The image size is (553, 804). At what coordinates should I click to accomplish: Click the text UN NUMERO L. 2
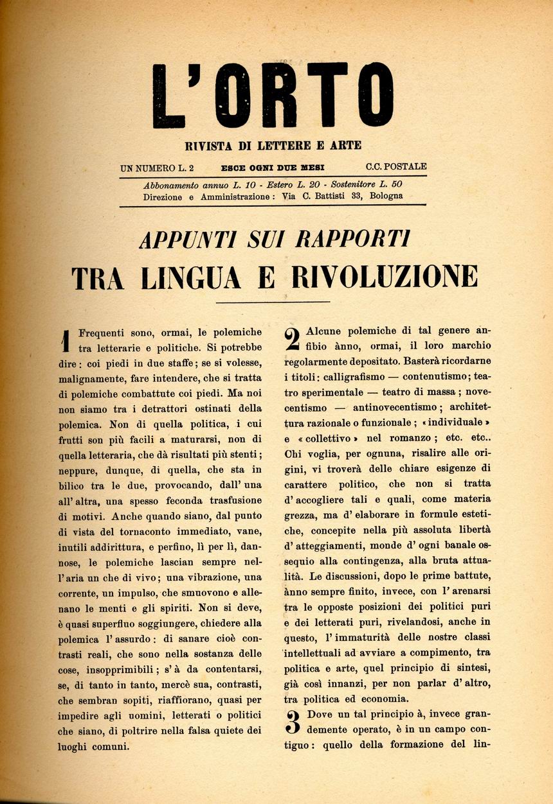(158, 168)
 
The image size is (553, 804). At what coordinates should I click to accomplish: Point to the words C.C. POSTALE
(396, 167)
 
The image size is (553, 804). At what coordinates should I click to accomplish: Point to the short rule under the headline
(273, 302)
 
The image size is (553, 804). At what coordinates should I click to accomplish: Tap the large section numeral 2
(293, 339)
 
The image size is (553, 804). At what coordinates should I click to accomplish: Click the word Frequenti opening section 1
(101, 333)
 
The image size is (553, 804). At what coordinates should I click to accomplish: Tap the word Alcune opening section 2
(325, 331)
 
